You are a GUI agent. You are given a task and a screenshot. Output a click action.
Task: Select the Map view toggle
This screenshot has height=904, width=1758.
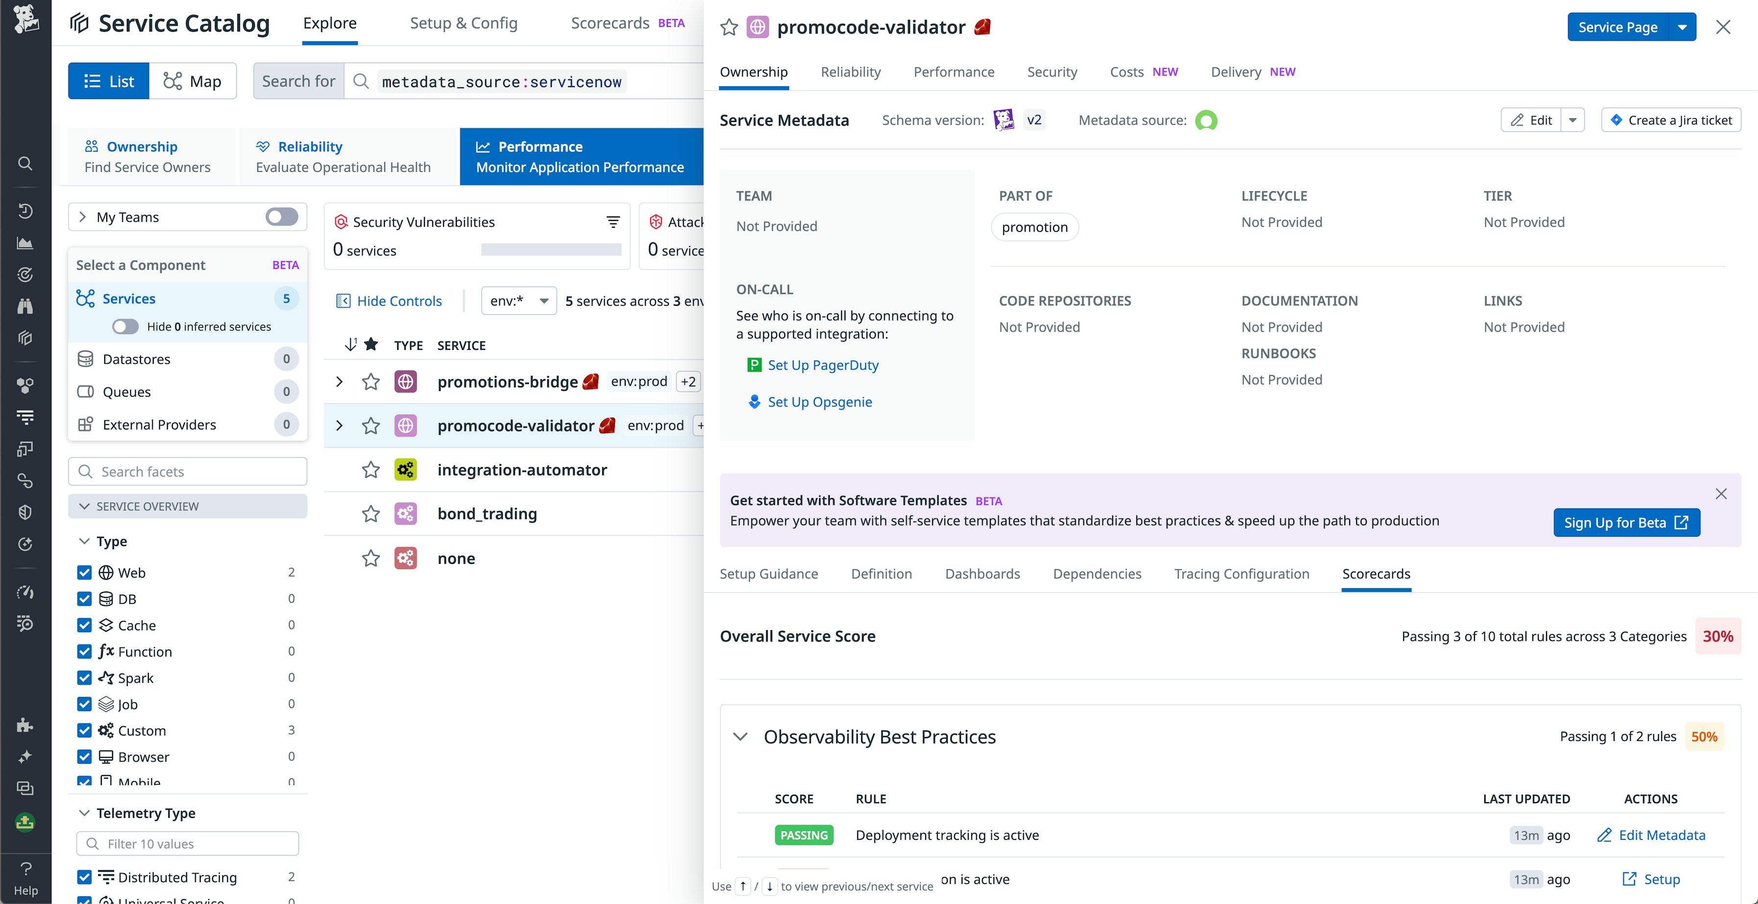click(x=192, y=81)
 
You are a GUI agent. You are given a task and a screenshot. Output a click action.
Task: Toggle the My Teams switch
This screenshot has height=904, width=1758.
click(x=281, y=217)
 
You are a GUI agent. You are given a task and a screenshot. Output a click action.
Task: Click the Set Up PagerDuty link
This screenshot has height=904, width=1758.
click(x=822, y=365)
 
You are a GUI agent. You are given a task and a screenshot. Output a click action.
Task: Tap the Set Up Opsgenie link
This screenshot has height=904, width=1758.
click(x=819, y=402)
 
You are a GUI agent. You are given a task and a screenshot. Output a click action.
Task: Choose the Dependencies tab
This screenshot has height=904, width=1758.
click(x=1097, y=573)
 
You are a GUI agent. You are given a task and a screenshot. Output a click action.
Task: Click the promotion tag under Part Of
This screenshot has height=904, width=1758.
click(x=1034, y=227)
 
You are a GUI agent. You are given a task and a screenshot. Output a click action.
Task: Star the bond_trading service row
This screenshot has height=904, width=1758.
click(x=371, y=514)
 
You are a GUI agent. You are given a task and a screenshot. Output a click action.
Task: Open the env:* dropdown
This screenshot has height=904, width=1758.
click(x=518, y=301)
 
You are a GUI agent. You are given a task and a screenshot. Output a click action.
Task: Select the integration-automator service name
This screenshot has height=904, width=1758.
click(x=522, y=470)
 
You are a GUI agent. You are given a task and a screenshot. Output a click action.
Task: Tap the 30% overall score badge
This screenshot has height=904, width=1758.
click(x=1717, y=636)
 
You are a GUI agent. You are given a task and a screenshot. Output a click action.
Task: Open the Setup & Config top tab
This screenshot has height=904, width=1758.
click(x=464, y=23)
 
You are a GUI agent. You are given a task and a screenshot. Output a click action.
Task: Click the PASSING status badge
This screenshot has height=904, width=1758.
click(x=803, y=835)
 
